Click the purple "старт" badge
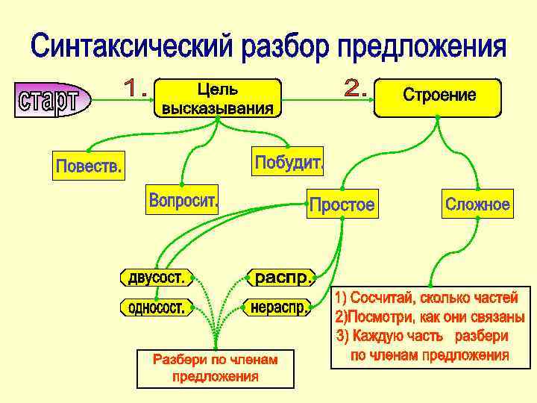51,99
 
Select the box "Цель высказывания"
218,99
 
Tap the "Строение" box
439,97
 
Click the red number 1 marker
134,90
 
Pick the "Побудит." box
288,162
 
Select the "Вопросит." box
183,200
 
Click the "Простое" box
342,204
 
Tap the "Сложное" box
477,204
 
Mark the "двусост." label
155,278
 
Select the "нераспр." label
278,307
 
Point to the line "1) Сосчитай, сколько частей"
426,299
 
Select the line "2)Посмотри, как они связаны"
430,316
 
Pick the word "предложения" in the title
422,49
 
